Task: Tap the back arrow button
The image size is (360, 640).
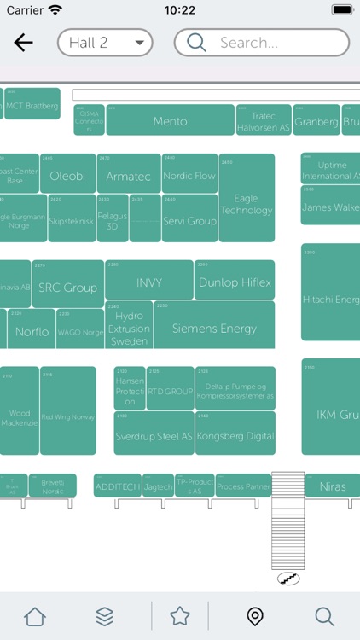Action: pyautogui.click(x=23, y=43)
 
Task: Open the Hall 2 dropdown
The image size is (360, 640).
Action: pyautogui.click(x=105, y=43)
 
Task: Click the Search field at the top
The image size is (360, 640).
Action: pyautogui.click(x=262, y=43)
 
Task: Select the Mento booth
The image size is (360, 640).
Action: pyautogui.click(x=170, y=120)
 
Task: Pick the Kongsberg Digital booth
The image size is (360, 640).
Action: pyautogui.click(x=235, y=434)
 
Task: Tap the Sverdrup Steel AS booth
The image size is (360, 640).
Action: pyautogui.click(x=154, y=434)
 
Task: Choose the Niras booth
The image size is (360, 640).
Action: pyautogui.click(x=333, y=486)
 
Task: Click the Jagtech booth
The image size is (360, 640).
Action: pyautogui.click(x=159, y=486)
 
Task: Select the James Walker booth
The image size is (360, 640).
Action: pyautogui.click(x=330, y=206)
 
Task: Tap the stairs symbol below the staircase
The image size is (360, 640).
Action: pyautogui.click(x=288, y=579)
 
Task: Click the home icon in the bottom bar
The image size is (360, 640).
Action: pyautogui.click(x=35, y=615)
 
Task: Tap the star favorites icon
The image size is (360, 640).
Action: pyautogui.click(x=179, y=615)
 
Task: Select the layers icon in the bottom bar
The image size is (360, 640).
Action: pyautogui.click(x=104, y=615)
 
